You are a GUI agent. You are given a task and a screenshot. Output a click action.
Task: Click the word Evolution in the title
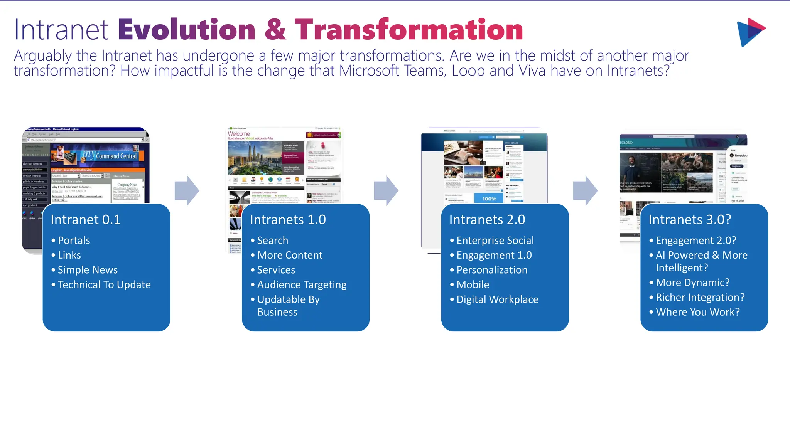[187, 30]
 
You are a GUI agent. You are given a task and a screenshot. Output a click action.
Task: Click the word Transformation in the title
[409, 30]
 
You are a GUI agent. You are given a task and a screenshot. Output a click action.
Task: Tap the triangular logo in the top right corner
[750, 32]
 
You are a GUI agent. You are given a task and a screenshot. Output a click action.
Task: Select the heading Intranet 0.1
[86, 220]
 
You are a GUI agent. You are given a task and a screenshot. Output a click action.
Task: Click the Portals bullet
[74, 240]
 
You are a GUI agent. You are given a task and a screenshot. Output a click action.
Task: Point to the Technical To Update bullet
[104, 285]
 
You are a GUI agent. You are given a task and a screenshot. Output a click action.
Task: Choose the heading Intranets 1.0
[288, 220]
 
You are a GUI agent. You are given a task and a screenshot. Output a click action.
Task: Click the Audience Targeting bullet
[302, 285]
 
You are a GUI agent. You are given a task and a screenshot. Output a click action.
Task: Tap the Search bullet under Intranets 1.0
[272, 240]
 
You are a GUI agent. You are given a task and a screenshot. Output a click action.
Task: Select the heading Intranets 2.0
[487, 220]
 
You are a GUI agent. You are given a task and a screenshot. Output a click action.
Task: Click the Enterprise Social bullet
[495, 240]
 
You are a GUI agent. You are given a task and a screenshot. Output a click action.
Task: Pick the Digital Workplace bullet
[497, 299]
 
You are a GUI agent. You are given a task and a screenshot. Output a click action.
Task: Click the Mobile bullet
[473, 285]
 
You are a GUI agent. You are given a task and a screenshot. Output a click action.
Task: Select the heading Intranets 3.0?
[689, 220]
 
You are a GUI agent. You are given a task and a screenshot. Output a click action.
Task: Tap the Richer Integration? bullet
[700, 298]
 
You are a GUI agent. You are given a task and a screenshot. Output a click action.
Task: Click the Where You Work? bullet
[697, 312]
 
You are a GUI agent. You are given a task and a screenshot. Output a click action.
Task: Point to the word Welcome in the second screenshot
[239, 134]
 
